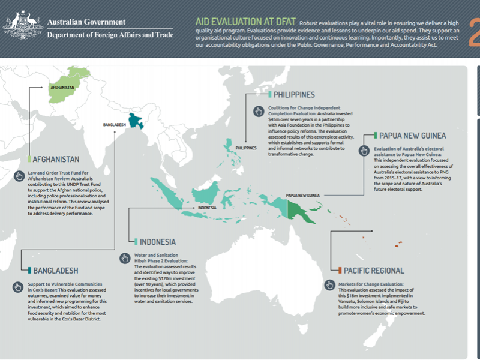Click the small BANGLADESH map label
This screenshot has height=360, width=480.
(x=114, y=125)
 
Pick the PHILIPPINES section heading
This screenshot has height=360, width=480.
(x=294, y=95)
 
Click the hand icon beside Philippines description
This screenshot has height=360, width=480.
(x=259, y=112)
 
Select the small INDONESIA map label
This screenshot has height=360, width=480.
(x=207, y=208)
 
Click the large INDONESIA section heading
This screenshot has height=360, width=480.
(x=157, y=242)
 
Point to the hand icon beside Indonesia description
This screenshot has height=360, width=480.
(x=125, y=258)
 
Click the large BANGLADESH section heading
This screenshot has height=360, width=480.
(x=55, y=271)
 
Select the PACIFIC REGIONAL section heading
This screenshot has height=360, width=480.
(x=374, y=271)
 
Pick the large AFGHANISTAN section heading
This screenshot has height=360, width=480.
(x=56, y=160)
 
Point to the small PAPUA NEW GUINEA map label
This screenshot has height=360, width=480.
(x=302, y=196)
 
